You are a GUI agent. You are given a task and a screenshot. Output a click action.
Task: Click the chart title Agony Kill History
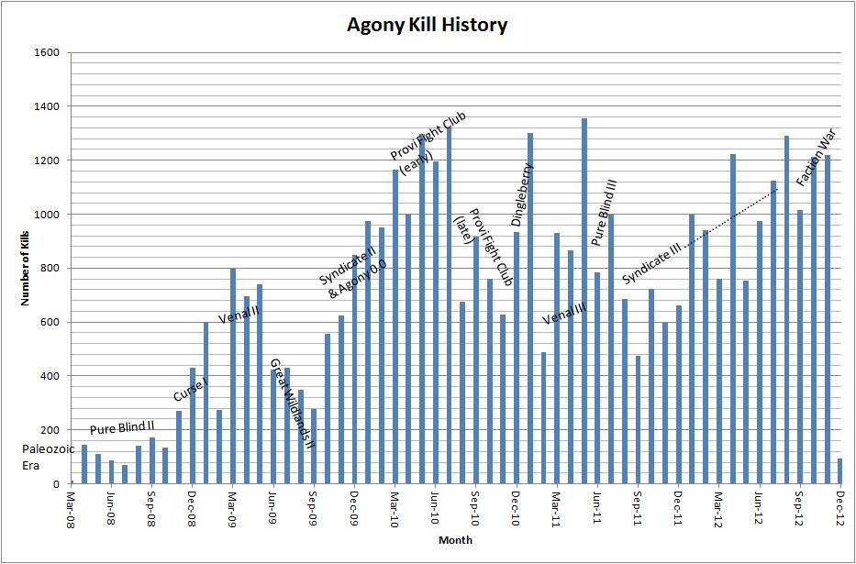(427, 25)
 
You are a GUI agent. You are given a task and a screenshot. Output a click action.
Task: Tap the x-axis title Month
(454, 540)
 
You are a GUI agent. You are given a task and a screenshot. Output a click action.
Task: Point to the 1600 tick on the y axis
(47, 53)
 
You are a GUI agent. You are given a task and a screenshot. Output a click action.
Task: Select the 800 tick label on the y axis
(50, 268)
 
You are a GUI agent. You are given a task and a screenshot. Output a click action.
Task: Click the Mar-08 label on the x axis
(72, 506)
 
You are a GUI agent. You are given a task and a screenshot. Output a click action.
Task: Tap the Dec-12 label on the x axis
(839, 506)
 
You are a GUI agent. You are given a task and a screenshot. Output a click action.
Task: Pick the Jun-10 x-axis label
(435, 506)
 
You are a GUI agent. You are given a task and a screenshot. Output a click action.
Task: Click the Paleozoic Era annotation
(41, 457)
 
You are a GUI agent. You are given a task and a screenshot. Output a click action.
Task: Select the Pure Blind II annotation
(122, 428)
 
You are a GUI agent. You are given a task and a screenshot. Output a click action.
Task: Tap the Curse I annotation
(190, 391)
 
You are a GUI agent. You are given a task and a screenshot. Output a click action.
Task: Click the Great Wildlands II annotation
(292, 404)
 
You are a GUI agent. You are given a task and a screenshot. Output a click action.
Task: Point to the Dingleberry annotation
(522, 194)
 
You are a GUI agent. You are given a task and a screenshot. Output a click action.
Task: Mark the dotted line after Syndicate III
(734, 214)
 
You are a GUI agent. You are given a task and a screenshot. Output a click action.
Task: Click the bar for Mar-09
(233, 376)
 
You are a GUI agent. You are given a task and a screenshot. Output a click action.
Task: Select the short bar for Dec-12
(839, 470)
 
